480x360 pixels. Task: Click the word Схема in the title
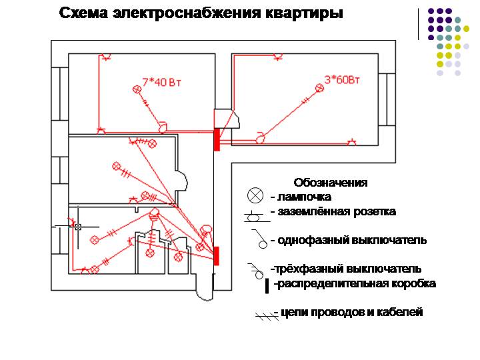coord(83,13)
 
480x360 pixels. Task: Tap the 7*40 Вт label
coord(161,82)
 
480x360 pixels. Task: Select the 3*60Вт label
coord(342,79)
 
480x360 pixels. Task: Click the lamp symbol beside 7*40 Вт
coord(137,89)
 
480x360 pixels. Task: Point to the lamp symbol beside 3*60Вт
coord(319,88)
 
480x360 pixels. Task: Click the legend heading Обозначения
coord(331,183)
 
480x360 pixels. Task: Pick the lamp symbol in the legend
coord(255,195)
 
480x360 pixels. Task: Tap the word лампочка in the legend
coord(304,197)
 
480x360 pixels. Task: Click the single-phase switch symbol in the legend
coord(259,239)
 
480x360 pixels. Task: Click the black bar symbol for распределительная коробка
coord(267,286)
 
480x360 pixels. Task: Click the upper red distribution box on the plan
coord(217,139)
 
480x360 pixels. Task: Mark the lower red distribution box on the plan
coord(216,256)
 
